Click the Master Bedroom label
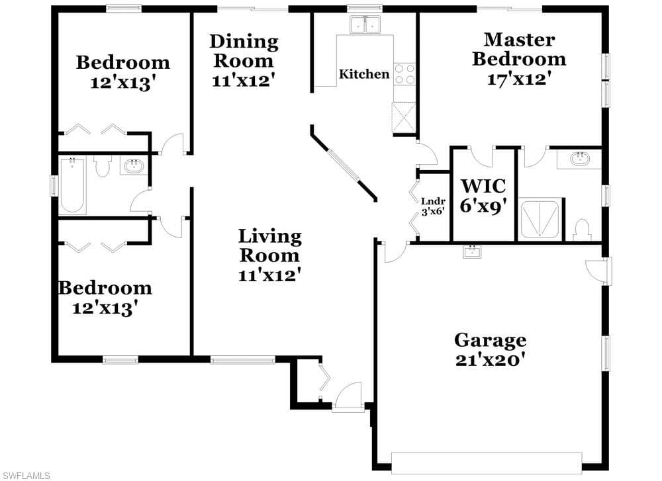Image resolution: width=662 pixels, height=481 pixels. (x=519, y=49)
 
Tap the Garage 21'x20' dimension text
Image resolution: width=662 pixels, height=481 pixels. (x=491, y=360)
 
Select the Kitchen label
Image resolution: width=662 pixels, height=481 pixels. (x=364, y=74)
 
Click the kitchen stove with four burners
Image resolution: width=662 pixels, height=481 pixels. (x=404, y=74)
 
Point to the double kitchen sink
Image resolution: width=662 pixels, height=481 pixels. (x=365, y=25)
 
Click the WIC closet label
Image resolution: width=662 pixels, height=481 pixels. (x=483, y=186)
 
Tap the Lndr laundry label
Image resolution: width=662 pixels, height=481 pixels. (x=433, y=202)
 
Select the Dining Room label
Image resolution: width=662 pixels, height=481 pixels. (x=244, y=51)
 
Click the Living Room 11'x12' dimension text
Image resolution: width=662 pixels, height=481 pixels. (x=269, y=275)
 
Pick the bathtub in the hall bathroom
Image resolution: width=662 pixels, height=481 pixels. (x=73, y=185)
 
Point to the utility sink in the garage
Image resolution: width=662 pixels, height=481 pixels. (x=473, y=251)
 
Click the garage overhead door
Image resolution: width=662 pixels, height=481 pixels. (x=487, y=463)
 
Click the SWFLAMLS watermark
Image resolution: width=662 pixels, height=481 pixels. (x=25, y=476)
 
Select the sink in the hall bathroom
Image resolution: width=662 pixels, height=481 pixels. (x=134, y=166)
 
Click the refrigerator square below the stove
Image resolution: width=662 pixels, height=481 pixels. (x=404, y=118)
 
